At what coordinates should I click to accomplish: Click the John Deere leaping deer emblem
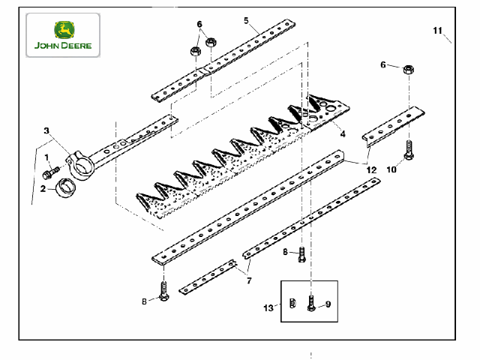click(x=64, y=30)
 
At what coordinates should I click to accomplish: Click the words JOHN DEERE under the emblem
click(x=63, y=46)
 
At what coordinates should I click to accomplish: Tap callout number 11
click(x=438, y=31)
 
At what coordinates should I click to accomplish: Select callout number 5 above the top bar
click(x=246, y=20)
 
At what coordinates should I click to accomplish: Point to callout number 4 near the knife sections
click(x=343, y=133)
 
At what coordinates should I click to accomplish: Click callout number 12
click(x=371, y=170)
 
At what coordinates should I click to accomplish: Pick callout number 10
click(x=391, y=169)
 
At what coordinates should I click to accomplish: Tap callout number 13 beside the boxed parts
click(x=268, y=307)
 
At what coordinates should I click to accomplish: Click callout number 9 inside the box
click(x=328, y=304)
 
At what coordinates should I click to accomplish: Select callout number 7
click(x=249, y=280)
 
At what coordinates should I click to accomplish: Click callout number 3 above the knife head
click(x=46, y=130)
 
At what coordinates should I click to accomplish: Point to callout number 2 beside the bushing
click(x=43, y=188)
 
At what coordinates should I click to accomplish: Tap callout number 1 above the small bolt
click(x=46, y=157)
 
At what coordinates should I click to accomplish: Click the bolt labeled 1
click(x=51, y=173)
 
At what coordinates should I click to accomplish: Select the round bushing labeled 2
click(x=65, y=187)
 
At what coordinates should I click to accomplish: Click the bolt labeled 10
click(x=409, y=150)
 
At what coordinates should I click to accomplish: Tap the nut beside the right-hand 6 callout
click(x=408, y=70)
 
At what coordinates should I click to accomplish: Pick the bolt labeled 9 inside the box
click(x=311, y=304)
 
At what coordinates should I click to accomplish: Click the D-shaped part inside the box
click(x=292, y=303)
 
